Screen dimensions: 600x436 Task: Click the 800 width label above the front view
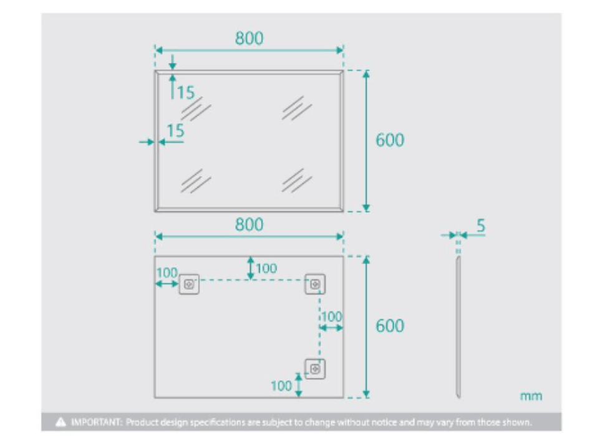coord(249,38)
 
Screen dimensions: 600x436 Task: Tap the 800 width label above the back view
coord(249,224)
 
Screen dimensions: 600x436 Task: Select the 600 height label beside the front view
coord(390,140)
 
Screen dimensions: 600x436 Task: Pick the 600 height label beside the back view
coord(390,326)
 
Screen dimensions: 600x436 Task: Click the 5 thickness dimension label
coord(481,225)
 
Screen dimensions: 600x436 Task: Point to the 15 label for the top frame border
coord(186,92)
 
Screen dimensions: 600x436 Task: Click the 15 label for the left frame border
coord(176,131)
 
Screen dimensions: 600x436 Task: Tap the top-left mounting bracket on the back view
coord(189,284)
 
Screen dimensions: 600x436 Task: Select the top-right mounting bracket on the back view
coord(315,284)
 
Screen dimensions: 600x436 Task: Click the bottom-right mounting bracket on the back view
coord(315,369)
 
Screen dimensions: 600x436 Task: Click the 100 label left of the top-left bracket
coord(167,273)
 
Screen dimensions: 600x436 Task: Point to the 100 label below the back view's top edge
coord(266,268)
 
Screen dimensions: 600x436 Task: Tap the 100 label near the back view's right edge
coord(332,316)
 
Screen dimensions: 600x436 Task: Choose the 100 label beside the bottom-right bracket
coord(281,386)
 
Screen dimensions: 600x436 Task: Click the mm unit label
coord(531,396)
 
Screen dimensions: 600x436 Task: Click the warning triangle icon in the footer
coord(60,422)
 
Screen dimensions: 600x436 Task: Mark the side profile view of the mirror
coord(458,327)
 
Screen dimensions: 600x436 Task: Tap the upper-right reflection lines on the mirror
coord(297,108)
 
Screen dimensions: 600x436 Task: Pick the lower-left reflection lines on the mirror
coord(196,181)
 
